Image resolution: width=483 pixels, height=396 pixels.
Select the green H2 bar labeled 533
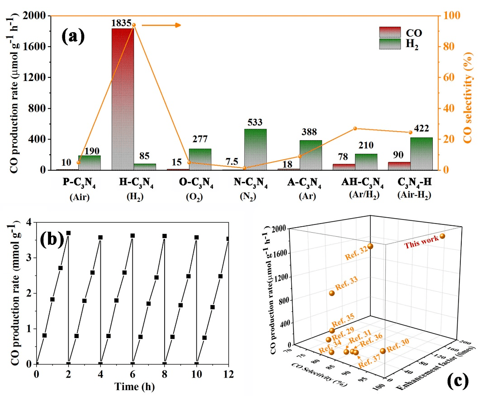click(x=256, y=149)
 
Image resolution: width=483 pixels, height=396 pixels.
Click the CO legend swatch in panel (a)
click(x=389, y=32)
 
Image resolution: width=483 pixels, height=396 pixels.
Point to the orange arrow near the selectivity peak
click(x=161, y=25)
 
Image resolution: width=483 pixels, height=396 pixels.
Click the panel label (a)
click(x=73, y=36)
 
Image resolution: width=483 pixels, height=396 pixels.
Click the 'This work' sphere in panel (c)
click(x=442, y=236)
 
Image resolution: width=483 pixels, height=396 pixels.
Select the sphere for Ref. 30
click(x=383, y=351)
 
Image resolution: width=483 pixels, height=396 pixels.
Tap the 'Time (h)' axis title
click(x=133, y=386)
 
